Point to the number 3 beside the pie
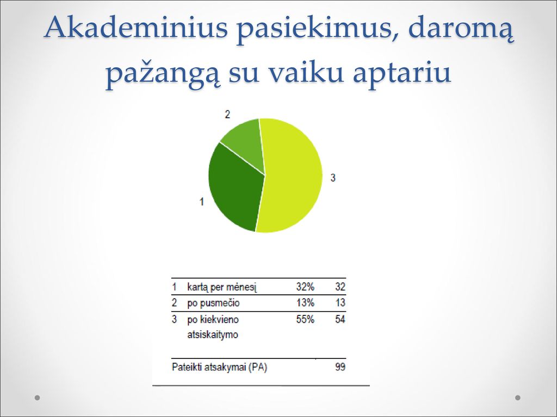click(333, 178)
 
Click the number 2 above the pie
click(227, 114)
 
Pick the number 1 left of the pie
click(201, 202)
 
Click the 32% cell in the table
click(305, 287)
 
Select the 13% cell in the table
click(305, 302)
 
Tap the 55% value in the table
click(305, 319)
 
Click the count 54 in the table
click(340, 319)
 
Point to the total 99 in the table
click(340, 367)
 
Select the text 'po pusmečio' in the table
click(213, 303)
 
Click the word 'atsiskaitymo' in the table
click(213, 334)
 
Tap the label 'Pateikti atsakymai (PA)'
click(219, 367)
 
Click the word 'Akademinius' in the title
click(135, 27)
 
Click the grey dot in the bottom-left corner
click(38, 397)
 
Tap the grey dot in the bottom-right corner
click(518, 397)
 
